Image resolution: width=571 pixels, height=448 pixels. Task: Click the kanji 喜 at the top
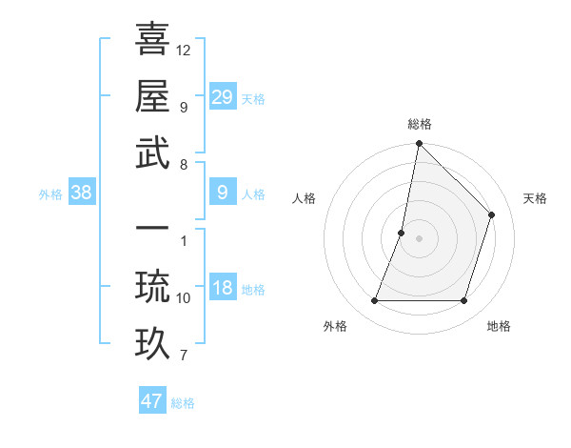point(152,38)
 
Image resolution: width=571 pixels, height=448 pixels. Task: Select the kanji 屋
point(152,95)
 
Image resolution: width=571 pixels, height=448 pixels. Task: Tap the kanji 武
point(152,153)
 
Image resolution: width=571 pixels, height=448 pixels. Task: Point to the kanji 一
point(152,230)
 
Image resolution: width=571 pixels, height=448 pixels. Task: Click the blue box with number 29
point(223,96)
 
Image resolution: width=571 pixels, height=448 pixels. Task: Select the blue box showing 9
point(223,193)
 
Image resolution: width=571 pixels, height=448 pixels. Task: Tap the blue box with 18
point(223,289)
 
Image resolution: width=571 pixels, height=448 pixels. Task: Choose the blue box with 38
point(82,193)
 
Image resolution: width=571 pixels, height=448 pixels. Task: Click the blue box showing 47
point(152,401)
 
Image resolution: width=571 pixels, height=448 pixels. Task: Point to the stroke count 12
point(184,50)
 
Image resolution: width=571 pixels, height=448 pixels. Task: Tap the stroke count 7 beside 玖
point(184,356)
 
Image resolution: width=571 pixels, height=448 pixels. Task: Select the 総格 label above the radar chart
point(419,124)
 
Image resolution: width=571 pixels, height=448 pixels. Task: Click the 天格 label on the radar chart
point(535,198)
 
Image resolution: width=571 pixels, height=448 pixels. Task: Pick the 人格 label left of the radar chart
point(305,198)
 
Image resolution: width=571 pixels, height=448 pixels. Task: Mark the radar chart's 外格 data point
point(374,301)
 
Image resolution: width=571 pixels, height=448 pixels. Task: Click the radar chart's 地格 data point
point(463,301)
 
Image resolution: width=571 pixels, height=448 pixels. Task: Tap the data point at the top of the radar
point(419,144)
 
